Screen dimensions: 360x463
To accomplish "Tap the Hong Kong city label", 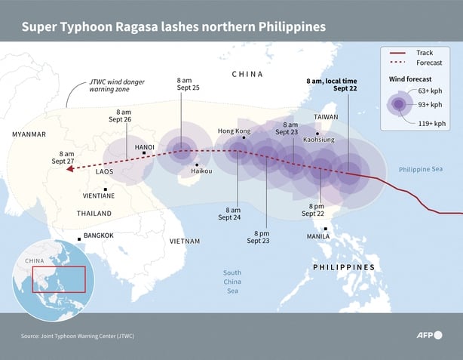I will (x=233, y=131).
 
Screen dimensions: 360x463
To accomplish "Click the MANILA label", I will (x=317, y=236).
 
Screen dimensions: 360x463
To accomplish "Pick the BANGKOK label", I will (x=98, y=235).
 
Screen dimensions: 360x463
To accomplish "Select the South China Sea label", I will (x=231, y=281).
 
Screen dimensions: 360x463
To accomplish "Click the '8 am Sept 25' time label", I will (x=189, y=84).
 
